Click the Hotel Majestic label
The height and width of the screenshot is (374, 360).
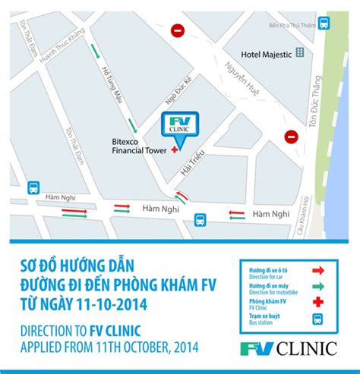point(266,54)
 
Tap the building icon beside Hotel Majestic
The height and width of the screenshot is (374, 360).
point(300,53)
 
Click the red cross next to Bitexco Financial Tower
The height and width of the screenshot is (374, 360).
point(175,150)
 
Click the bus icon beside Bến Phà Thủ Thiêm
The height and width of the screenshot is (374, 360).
point(324,24)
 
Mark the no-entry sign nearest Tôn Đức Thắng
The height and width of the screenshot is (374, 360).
point(292,137)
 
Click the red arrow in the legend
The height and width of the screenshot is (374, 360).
point(319,269)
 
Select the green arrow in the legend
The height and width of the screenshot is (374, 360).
point(319,285)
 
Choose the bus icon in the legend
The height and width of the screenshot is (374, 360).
point(319,319)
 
